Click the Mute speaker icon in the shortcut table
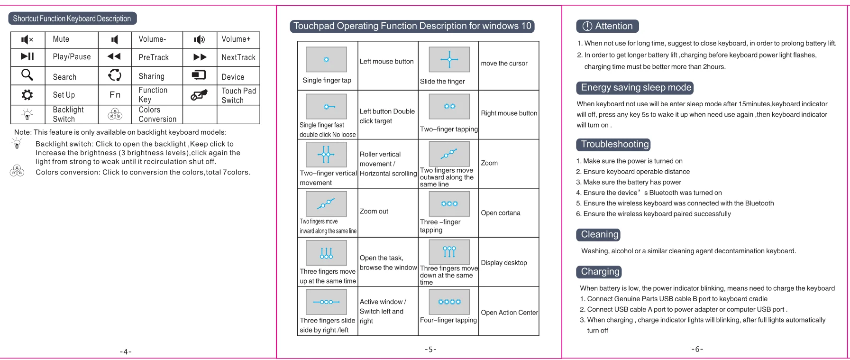pos(27,40)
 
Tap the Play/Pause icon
pos(27,56)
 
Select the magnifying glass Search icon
pos(27,75)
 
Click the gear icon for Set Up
pos(27,95)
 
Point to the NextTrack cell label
pos(238,57)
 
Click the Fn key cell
pos(115,95)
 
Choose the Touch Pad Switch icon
pos(199,95)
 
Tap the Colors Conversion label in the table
pos(157,114)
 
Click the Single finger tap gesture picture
pos(326,59)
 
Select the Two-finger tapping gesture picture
pos(449,106)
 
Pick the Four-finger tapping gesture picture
pos(449,302)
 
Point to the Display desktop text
pos(504,263)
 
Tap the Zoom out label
pos(374,212)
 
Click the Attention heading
pos(608,26)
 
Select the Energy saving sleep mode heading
pos(635,88)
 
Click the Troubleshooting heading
pos(614,144)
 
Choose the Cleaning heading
pos(599,234)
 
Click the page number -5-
pos(430,350)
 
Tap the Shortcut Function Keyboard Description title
pos(72,18)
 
